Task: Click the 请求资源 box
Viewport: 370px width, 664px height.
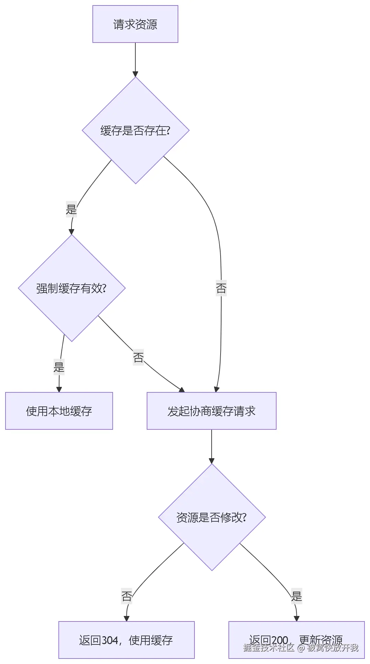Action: click(135, 24)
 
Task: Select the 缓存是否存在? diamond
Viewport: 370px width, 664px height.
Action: click(135, 130)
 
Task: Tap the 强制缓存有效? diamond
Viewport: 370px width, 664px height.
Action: click(71, 288)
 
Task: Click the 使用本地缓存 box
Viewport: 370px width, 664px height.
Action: click(59, 411)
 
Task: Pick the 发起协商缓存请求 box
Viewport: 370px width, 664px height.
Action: click(211, 411)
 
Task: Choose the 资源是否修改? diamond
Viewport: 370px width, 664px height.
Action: click(212, 517)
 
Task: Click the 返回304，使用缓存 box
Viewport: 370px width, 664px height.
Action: click(126, 640)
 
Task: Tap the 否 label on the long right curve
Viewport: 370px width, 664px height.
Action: click(221, 288)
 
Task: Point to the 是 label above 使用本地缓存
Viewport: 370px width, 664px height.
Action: click(59, 367)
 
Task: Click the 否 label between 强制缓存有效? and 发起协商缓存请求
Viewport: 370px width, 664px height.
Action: click(138, 357)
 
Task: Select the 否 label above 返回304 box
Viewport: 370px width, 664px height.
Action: click(126, 596)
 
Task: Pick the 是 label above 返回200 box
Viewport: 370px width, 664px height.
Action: click(296, 596)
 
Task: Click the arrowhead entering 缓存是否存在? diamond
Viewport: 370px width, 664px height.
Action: click(135, 74)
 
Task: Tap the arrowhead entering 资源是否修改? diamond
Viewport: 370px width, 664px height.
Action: click(212, 461)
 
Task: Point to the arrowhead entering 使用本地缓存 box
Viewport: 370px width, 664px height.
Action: click(59, 390)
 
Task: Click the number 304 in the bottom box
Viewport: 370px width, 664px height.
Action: click(110, 640)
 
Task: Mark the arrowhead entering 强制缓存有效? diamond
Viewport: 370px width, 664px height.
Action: click(71, 232)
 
